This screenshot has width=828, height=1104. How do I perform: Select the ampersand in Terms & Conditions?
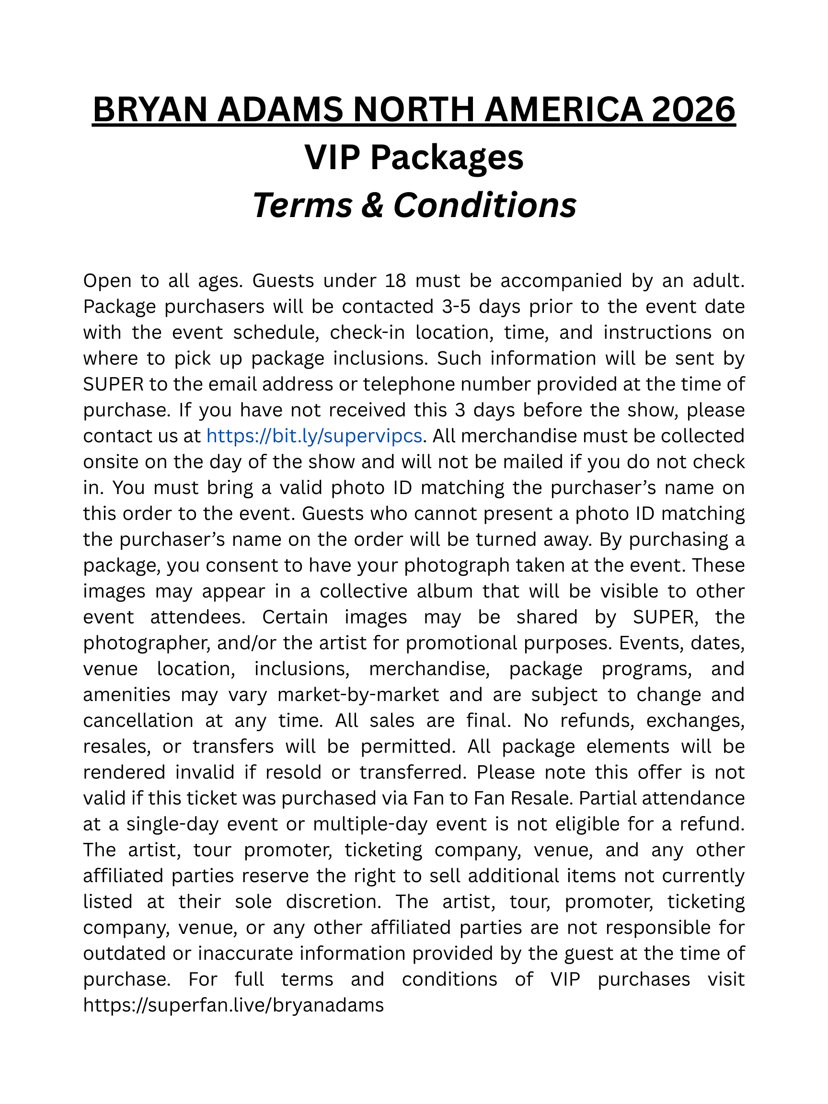pos(373,205)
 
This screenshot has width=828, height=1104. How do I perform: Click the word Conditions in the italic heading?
pos(484,205)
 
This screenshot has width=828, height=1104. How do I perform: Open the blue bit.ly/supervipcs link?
pos(314,436)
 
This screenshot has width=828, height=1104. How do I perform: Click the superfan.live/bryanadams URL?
pos(233,1005)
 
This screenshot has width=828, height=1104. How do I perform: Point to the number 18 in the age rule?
pos(395,280)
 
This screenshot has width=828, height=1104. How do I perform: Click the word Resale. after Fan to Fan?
pos(542,798)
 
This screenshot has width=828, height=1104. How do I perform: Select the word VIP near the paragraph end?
pos(565,979)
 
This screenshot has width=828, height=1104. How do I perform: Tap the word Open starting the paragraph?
pos(107,280)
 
